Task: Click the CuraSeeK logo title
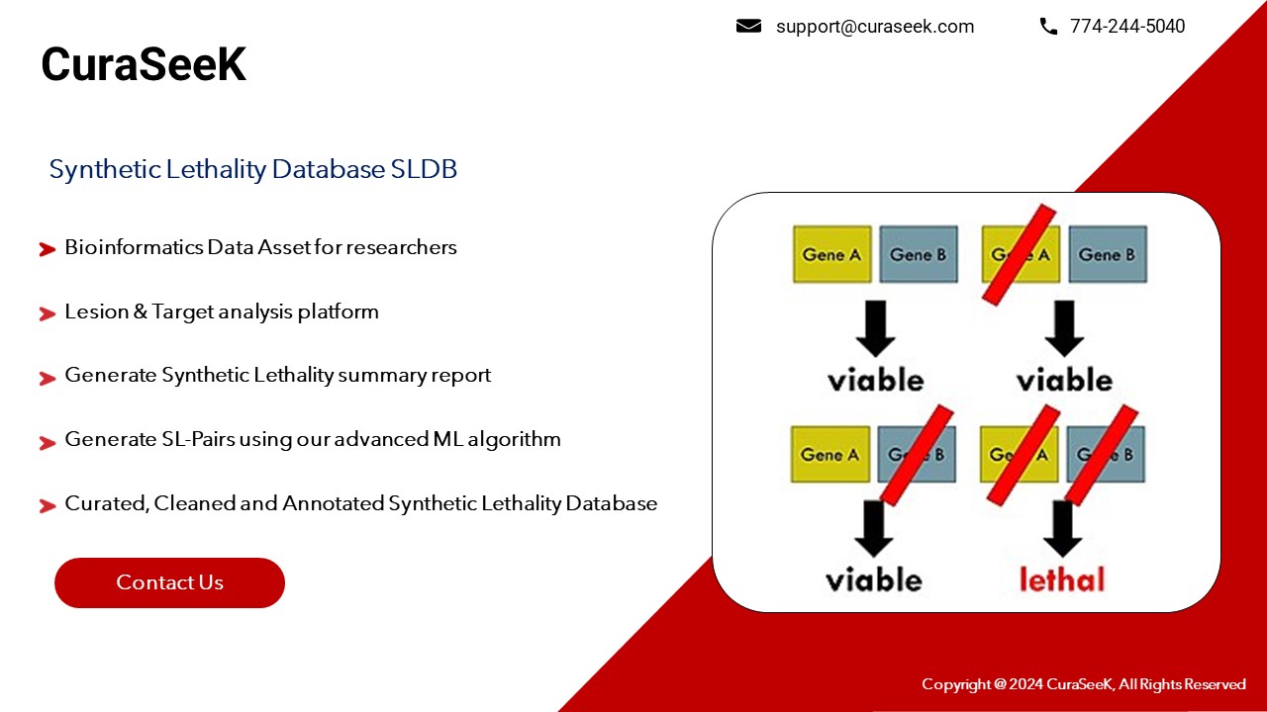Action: pyautogui.click(x=144, y=65)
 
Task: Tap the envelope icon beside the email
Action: pyautogui.click(x=748, y=27)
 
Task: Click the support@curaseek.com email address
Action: pyautogui.click(x=874, y=27)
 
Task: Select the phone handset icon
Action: pyautogui.click(x=1048, y=27)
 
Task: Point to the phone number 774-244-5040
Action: pyautogui.click(x=1126, y=27)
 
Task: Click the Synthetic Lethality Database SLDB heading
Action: pyautogui.click(x=253, y=169)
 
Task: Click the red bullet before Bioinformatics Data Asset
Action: pyautogui.click(x=47, y=249)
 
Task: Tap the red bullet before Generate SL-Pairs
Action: pyautogui.click(x=47, y=442)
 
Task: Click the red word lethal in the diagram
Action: pyautogui.click(x=1061, y=578)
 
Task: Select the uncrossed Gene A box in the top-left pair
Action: pyautogui.click(x=831, y=254)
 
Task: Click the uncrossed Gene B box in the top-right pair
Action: pyautogui.click(x=1107, y=254)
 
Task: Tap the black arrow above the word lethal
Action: pyautogui.click(x=1062, y=527)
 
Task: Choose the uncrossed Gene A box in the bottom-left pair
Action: pyautogui.click(x=829, y=455)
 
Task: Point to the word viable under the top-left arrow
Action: pyautogui.click(x=875, y=380)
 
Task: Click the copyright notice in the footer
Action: pyautogui.click(x=1083, y=684)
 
